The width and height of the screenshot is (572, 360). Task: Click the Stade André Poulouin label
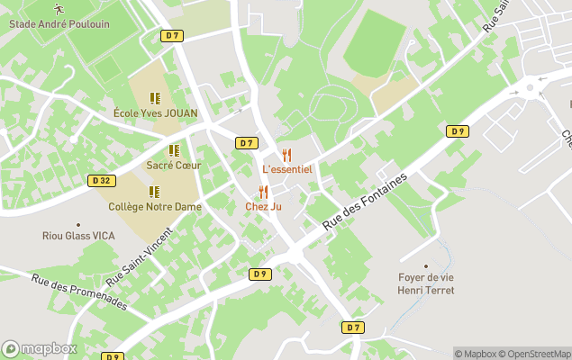click(x=59, y=23)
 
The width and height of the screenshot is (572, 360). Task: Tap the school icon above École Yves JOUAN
click(x=155, y=97)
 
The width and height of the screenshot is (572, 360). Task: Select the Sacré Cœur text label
click(x=173, y=166)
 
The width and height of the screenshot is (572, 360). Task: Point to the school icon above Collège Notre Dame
click(x=154, y=192)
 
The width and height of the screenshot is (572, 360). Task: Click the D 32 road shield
click(x=103, y=180)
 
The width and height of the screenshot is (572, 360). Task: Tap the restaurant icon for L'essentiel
click(x=286, y=155)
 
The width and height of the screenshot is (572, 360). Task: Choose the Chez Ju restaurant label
click(x=263, y=206)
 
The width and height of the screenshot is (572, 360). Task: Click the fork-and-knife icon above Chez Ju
click(x=263, y=192)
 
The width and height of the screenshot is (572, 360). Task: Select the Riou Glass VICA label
click(x=78, y=236)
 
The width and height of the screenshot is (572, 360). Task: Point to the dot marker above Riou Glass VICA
click(x=78, y=224)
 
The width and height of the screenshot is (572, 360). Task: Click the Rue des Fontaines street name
click(x=365, y=200)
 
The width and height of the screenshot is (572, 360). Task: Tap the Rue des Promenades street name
click(x=78, y=292)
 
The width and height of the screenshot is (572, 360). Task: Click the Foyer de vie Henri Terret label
click(x=426, y=283)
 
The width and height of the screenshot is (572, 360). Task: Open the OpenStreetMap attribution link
click(x=535, y=354)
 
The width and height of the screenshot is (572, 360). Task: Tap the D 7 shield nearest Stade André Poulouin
click(x=173, y=35)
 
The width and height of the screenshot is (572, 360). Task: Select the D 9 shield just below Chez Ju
click(x=259, y=274)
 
